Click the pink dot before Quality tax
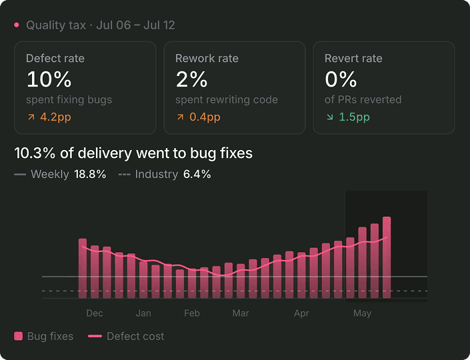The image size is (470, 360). click(x=17, y=25)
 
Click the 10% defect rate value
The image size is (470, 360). click(x=49, y=79)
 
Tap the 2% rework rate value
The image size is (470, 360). click(x=191, y=79)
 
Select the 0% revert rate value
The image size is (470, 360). click(x=341, y=79)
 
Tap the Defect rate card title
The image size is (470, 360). click(x=55, y=58)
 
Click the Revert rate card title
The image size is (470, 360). click(x=353, y=58)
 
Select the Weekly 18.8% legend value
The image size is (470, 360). click(x=90, y=174)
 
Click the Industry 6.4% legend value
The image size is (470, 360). click(x=197, y=174)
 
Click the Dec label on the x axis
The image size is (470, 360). click(x=95, y=313)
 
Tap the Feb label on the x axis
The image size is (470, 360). click(x=192, y=313)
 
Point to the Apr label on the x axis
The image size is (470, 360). click(x=301, y=313)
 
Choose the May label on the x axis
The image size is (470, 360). click(x=362, y=313)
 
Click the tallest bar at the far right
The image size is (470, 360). click(x=387, y=257)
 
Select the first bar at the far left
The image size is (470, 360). click(x=83, y=269)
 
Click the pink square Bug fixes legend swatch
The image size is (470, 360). click(x=18, y=336)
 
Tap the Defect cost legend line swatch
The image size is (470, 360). click(x=95, y=336)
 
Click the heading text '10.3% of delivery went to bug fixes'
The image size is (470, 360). click(x=133, y=153)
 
